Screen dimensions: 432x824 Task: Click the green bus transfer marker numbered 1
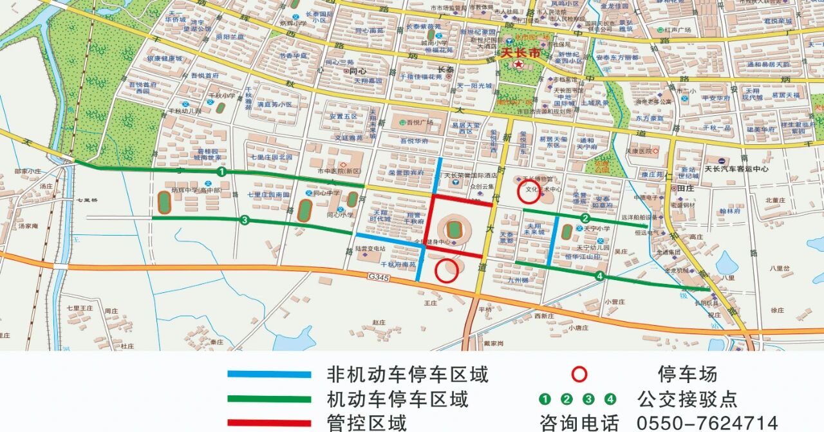221,173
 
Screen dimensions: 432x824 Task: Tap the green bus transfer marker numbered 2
585,218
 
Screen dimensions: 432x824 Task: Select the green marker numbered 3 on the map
244,221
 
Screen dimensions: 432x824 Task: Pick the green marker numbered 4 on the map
600,276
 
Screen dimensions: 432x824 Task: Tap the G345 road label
380,276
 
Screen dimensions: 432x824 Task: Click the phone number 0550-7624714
707,423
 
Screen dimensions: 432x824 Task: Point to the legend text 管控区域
367,423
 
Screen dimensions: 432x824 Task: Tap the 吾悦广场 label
417,123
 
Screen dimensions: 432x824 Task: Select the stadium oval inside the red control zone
454,229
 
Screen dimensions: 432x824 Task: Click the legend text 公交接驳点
687,399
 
